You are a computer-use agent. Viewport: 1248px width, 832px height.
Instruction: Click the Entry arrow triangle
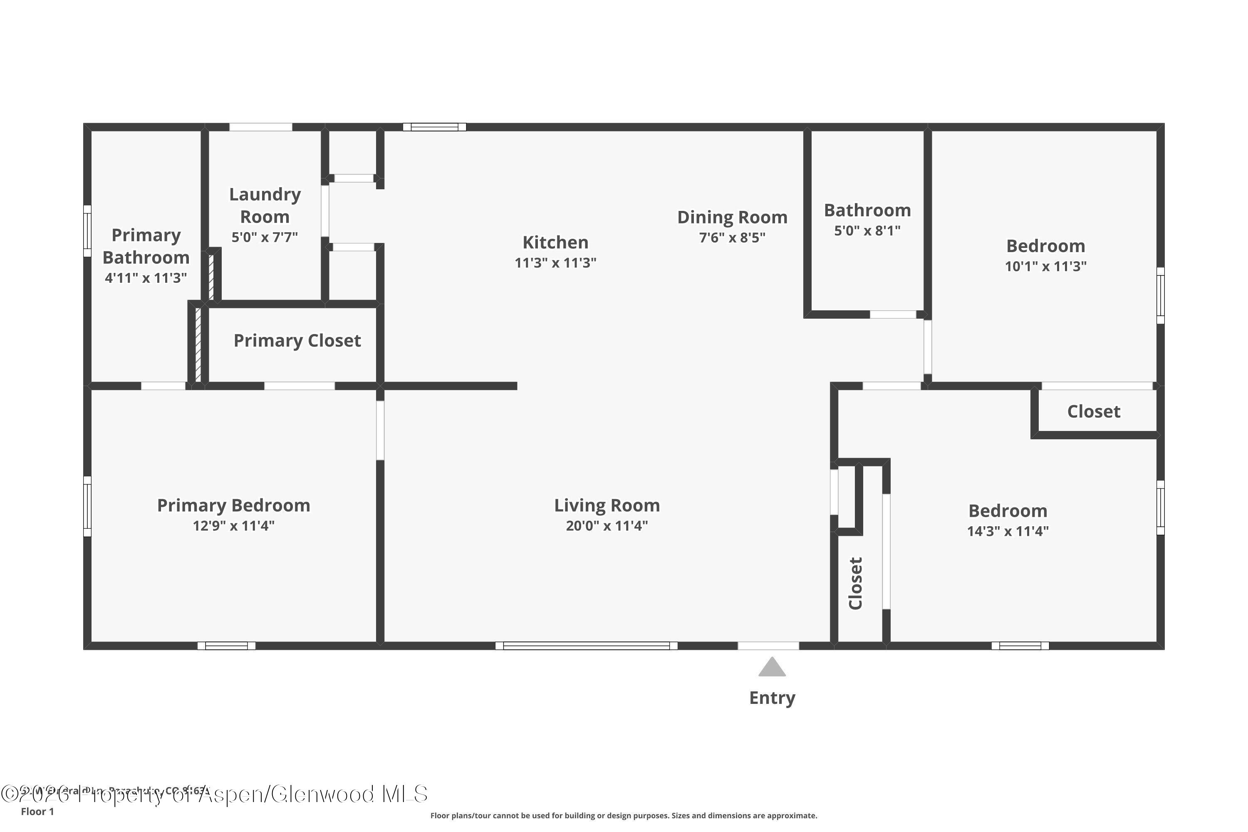[772, 668]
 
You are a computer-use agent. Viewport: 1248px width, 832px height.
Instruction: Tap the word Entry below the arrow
[772, 698]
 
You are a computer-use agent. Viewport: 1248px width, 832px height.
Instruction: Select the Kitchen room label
[555, 243]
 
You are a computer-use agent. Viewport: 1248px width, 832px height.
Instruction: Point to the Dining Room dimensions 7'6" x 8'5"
[732, 237]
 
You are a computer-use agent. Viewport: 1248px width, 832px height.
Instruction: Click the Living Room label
[607, 505]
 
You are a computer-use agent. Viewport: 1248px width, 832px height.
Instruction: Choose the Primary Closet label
[297, 340]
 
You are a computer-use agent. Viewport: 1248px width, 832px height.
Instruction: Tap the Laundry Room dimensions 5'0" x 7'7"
[264, 237]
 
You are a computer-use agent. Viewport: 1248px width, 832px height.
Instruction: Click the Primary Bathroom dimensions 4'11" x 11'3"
[146, 277]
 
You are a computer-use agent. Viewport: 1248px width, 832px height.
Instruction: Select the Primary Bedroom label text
[233, 505]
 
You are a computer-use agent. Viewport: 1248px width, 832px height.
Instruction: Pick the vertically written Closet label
[855, 583]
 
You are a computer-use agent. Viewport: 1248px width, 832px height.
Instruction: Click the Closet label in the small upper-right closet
[1094, 411]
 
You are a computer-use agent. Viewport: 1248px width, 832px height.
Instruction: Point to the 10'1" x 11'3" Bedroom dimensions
[1045, 266]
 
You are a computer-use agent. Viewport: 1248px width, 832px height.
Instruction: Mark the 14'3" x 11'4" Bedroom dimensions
[1008, 531]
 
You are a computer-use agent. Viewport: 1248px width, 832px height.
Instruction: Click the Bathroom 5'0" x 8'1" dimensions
[867, 230]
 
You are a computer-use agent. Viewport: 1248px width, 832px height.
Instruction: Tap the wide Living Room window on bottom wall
[586, 646]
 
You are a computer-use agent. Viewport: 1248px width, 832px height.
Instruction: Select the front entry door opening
[768, 646]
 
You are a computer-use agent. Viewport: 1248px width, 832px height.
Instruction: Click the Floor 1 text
[37, 811]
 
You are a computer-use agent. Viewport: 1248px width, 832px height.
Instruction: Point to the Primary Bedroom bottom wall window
[227, 646]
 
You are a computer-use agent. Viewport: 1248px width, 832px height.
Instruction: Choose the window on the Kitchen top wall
[435, 127]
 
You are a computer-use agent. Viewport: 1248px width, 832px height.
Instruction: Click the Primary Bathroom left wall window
[87, 231]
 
